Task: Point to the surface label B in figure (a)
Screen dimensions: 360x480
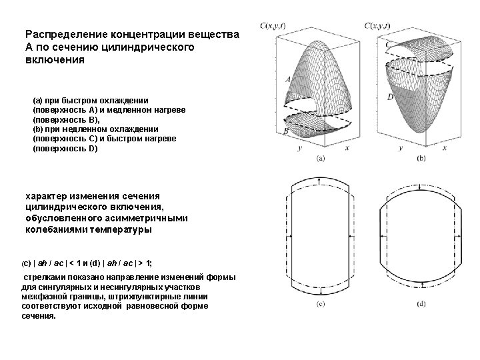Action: click(x=286, y=132)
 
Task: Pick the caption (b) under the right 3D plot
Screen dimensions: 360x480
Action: click(x=421, y=159)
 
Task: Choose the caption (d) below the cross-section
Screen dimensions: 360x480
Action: click(x=421, y=305)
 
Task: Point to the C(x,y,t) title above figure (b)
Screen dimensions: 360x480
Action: click(x=378, y=26)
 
